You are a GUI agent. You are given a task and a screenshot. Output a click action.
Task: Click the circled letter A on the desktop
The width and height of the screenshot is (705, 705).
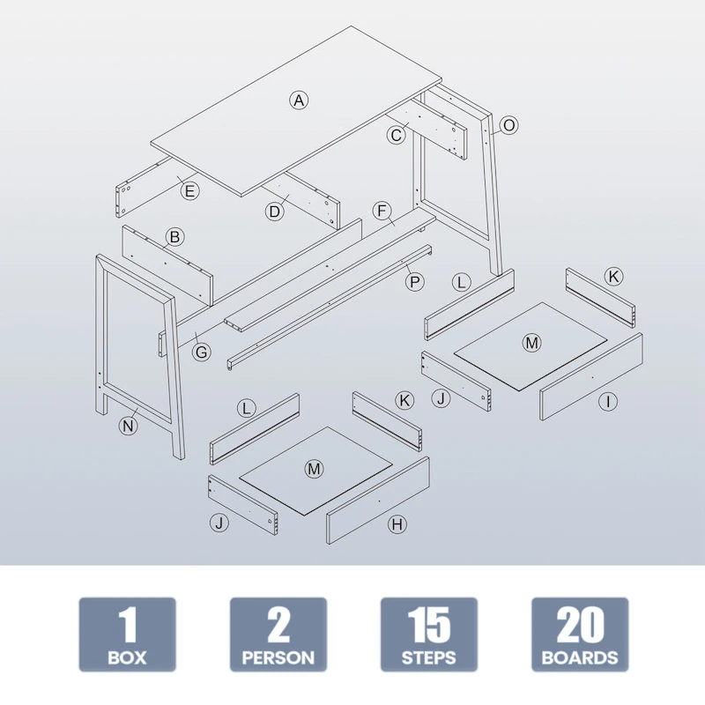point(299,100)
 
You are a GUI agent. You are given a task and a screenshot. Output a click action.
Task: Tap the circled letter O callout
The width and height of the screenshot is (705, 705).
point(508,125)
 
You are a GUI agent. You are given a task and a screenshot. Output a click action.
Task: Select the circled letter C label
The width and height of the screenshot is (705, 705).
point(396,135)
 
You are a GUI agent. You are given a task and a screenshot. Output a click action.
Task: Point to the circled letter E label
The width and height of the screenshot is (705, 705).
point(189,190)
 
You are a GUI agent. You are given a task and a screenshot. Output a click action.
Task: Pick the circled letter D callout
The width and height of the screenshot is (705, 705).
point(274,211)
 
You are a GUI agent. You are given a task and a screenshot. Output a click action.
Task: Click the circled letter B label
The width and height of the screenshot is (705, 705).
point(174,237)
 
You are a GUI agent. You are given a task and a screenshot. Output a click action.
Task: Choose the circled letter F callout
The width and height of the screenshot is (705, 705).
point(382,211)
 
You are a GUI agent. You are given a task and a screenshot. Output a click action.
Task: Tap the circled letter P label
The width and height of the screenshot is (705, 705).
point(414,282)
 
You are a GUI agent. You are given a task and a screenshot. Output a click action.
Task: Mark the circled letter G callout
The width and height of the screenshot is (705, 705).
point(202,352)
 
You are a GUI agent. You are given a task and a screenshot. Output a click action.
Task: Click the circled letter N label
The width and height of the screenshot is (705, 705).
point(128,426)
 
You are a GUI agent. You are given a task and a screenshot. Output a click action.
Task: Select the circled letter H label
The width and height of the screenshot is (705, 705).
point(397,524)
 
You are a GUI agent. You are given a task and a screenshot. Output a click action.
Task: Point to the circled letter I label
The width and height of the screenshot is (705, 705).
point(608,401)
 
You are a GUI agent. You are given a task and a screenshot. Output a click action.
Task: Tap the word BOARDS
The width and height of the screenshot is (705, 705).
point(580,657)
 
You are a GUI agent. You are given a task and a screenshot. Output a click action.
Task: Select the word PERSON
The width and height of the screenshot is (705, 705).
point(278,657)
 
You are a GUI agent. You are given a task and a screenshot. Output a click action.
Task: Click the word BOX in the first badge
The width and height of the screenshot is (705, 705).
point(127,657)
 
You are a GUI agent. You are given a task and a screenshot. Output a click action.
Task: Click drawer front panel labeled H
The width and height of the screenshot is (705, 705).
point(378,501)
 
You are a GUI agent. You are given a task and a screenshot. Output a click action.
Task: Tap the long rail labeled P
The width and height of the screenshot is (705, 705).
point(330,307)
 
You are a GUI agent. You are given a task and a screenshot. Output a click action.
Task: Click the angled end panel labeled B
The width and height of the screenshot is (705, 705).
point(167,265)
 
